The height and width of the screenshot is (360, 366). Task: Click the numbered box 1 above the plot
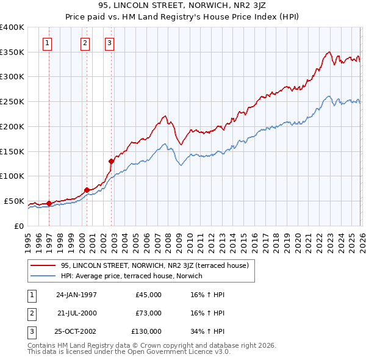(x=48, y=43)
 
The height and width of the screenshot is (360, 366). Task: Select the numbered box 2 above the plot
(x=84, y=43)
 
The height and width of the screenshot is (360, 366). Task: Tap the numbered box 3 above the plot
(x=109, y=43)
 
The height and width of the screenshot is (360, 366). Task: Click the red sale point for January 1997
(x=49, y=203)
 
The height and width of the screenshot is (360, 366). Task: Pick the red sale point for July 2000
(x=87, y=190)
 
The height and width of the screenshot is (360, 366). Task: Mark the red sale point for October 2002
(x=111, y=161)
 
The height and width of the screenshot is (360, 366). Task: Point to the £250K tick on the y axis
(x=12, y=102)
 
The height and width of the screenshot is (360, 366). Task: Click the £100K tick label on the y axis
(x=12, y=176)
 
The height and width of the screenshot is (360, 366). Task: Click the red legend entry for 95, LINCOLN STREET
(x=154, y=265)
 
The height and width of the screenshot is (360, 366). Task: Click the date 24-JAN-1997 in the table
(x=76, y=295)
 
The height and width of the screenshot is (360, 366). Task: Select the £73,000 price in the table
(x=148, y=313)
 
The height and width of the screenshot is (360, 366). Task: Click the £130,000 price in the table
(x=146, y=331)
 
